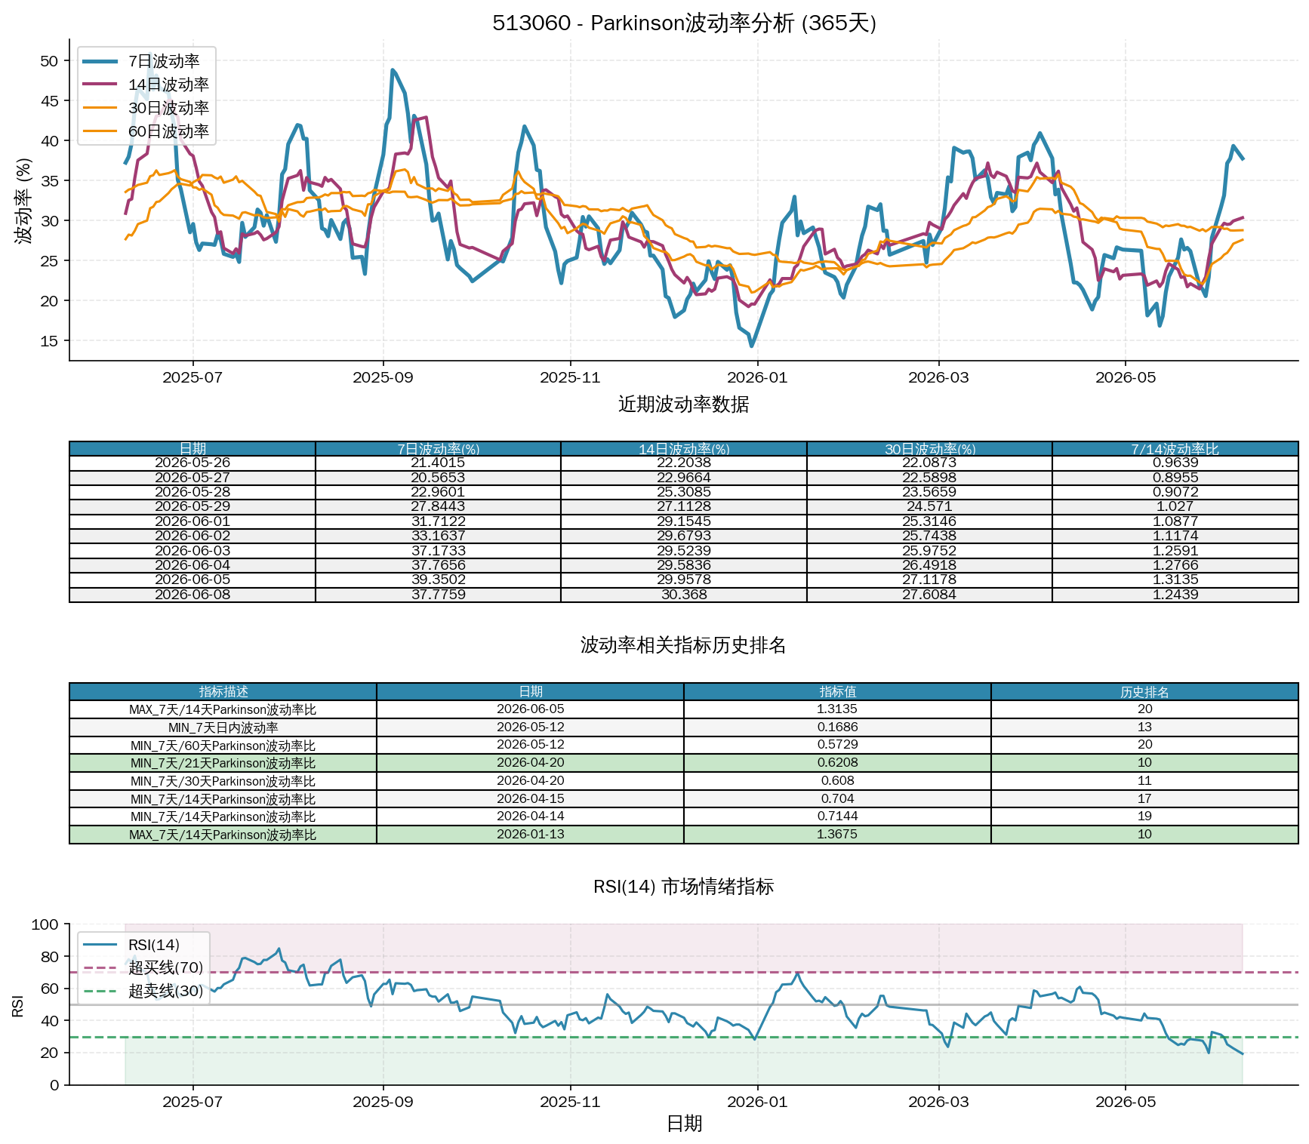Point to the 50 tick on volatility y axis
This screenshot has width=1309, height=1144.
49,61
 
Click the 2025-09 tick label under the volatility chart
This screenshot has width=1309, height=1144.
383,377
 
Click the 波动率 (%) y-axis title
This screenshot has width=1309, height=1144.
24,201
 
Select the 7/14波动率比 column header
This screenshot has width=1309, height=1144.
1175,449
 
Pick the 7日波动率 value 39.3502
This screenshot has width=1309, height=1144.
438,580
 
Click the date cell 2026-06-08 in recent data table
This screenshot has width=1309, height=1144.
192,595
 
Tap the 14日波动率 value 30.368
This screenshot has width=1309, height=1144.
684,595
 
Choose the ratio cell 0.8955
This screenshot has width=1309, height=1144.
1175,478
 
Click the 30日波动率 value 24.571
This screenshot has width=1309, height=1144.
929,506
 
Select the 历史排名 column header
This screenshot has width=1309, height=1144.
1144,692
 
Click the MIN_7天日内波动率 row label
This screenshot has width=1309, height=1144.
223,727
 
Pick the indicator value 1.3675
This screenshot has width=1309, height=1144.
837,835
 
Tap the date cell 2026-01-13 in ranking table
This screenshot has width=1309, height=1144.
530,835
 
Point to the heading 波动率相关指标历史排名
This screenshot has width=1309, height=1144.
683,645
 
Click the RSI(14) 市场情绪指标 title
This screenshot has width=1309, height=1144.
683,887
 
